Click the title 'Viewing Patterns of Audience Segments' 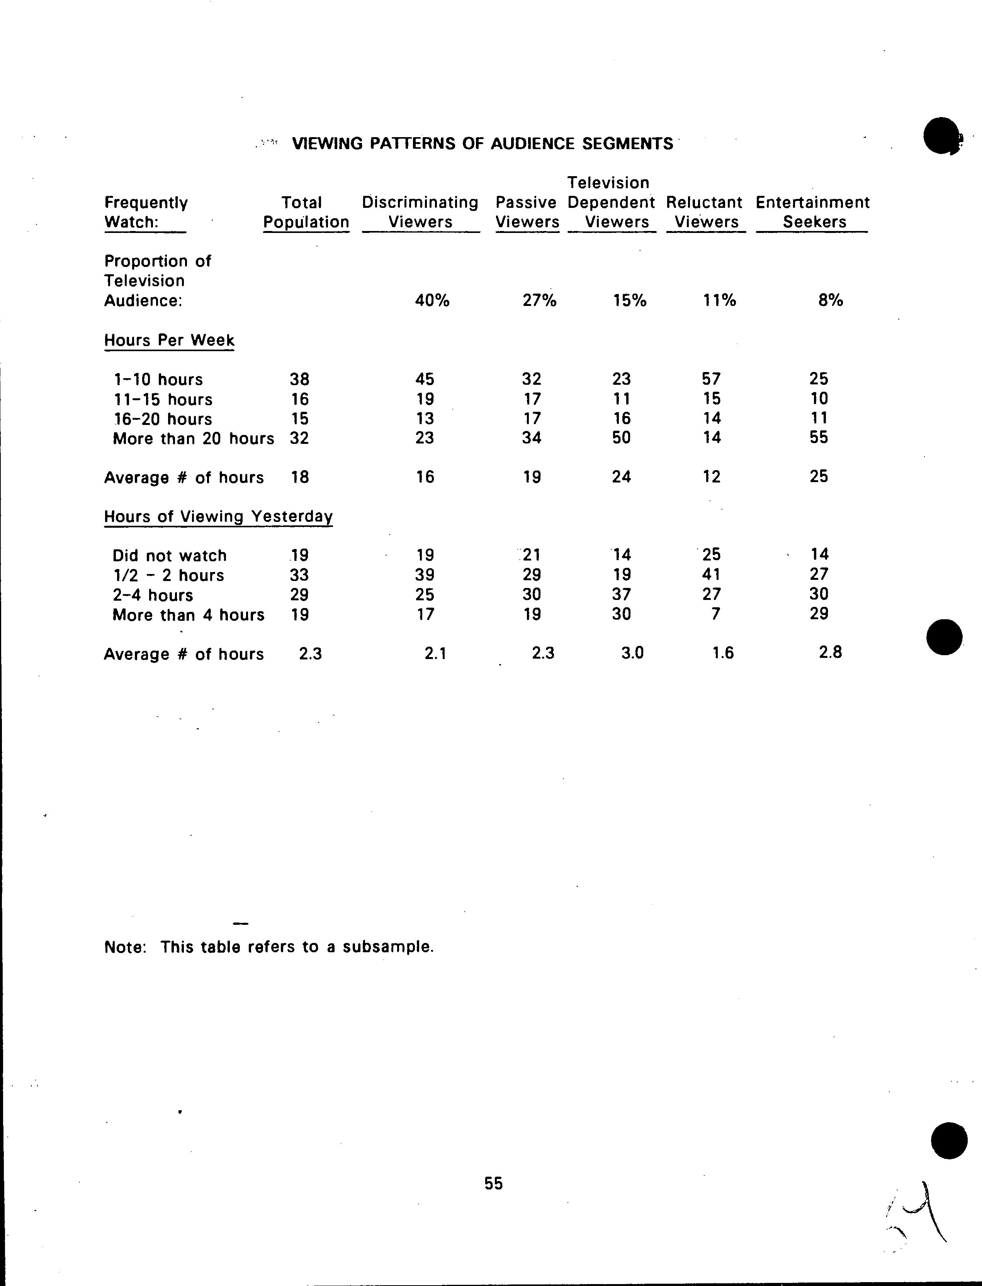click(482, 143)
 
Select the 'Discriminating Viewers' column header click(420, 212)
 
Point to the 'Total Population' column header click(306, 212)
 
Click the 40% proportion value click(432, 301)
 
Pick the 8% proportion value click(831, 301)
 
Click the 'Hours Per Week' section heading click(169, 340)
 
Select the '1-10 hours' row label click(158, 379)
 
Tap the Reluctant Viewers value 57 click(711, 379)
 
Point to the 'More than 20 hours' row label click(193, 438)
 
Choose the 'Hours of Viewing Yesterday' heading click(218, 517)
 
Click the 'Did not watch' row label click(170, 556)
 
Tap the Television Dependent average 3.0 click(632, 653)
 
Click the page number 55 click(493, 1183)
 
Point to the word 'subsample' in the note click(387, 946)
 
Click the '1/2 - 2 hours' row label click(168, 575)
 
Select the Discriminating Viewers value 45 click(425, 379)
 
